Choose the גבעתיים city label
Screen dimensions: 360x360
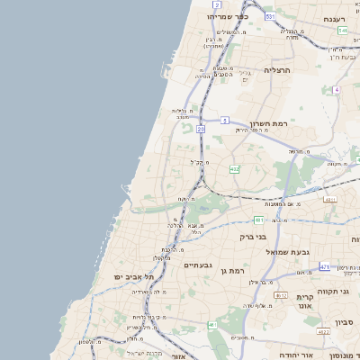pos(198,265)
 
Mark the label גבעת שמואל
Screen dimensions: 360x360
pos(287,252)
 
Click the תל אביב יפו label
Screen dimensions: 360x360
pos(130,275)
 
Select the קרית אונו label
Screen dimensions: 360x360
pos(303,301)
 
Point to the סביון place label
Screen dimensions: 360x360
pos(346,321)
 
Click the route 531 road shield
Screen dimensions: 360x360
pos(270,17)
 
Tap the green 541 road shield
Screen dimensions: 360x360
pos(343,31)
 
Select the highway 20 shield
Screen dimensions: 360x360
pos(201,130)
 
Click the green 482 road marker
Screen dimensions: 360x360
pos(234,168)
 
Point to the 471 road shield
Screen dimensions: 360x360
pos(325,266)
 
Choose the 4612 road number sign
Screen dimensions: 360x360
pos(281,294)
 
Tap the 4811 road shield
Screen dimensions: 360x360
pos(330,199)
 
